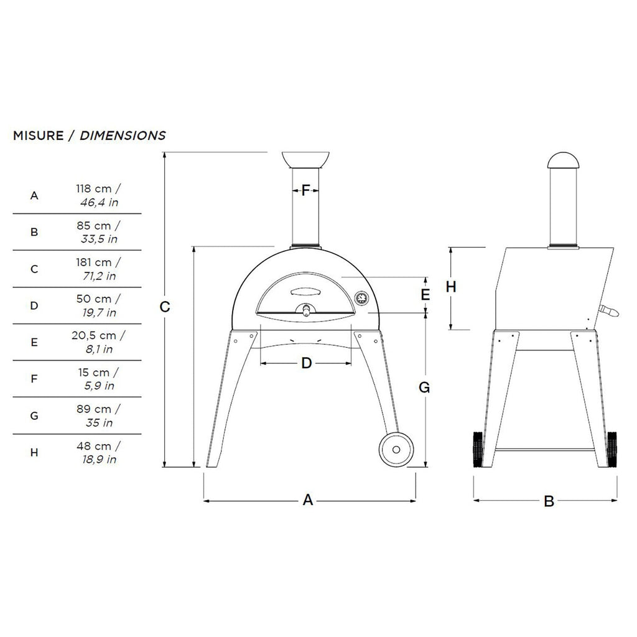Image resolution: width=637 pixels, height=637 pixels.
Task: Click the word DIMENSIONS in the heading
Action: [123, 136]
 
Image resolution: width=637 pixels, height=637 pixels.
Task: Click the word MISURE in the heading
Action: [38, 136]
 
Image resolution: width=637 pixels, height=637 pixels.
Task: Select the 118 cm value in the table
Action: [94, 189]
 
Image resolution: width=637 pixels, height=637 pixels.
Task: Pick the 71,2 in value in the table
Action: [100, 276]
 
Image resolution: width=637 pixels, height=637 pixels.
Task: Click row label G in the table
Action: [34, 416]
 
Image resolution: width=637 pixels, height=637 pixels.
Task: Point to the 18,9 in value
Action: [100, 460]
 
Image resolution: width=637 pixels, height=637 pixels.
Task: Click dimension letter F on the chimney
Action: [305, 190]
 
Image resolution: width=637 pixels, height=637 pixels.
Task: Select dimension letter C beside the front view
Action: [164, 307]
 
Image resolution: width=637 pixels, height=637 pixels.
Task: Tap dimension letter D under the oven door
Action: [306, 363]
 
